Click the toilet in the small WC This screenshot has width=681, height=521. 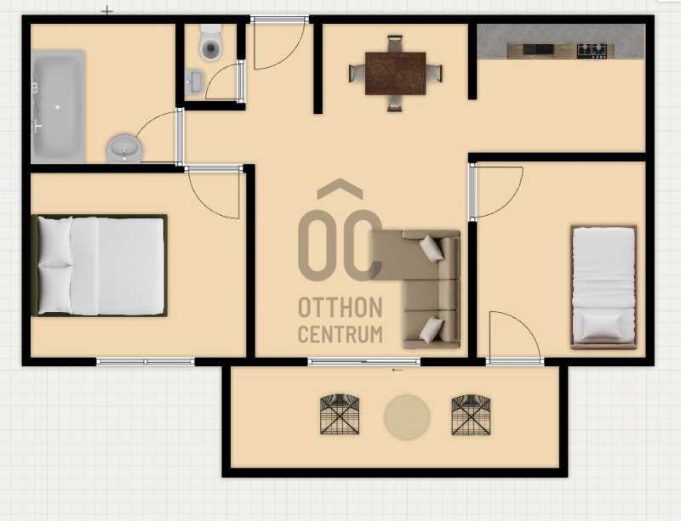click(210, 42)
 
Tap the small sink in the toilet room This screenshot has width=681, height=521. click(194, 82)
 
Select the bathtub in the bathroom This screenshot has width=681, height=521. click(58, 107)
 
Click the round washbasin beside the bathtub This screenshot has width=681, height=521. click(124, 149)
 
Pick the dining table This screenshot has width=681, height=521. click(395, 73)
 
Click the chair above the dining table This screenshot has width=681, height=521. click(395, 44)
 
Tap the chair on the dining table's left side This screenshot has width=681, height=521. click(358, 73)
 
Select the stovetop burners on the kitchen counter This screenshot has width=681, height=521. click(592, 51)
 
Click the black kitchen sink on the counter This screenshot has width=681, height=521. click(538, 49)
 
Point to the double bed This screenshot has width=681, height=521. click(100, 265)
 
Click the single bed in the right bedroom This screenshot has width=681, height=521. click(604, 287)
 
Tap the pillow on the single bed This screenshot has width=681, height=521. click(602, 326)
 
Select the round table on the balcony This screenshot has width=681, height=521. click(407, 417)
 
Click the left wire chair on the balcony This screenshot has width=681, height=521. click(340, 414)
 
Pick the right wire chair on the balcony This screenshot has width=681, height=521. click(472, 415)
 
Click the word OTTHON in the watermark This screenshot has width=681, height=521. click(340, 308)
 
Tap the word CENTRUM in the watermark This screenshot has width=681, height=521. click(340, 334)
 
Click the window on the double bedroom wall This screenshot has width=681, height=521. click(145, 361)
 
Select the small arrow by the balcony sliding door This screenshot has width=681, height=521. click(398, 370)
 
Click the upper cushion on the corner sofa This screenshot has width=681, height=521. click(432, 248)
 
